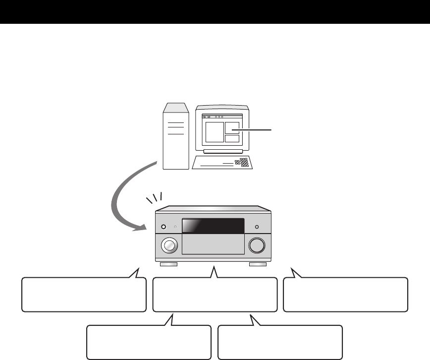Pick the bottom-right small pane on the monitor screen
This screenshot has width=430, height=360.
coord(232,138)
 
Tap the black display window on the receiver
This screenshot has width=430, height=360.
coord(214,226)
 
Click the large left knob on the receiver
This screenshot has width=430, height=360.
coord(169,245)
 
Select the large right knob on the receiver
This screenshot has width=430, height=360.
coord(258,245)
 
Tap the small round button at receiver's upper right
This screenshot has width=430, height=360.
coord(257,227)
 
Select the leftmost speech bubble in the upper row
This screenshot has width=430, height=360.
coord(84,294)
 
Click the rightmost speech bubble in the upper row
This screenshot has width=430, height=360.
coord(345,294)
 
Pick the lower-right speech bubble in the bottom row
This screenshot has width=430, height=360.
coord(280,342)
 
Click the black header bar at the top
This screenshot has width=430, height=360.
coord(215,12)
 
